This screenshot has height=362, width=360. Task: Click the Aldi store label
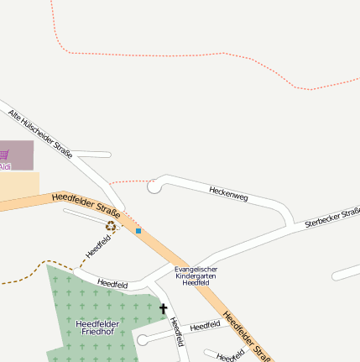pos(5,166)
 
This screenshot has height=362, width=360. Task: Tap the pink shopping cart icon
pos(4,155)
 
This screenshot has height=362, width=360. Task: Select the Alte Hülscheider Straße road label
pos(40,134)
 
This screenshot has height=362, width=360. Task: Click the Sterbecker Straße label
pos(332,218)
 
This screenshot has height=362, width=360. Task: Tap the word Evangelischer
pos(196,269)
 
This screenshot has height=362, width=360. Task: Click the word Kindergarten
pos(196,276)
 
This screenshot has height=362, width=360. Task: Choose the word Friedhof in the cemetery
pos(97,333)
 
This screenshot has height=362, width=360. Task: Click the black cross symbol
pos(164,309)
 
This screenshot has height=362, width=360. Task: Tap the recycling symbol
pos(111,225)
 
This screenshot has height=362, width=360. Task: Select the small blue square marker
pos(138,230)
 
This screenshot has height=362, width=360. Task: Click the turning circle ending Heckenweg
pos(154,186)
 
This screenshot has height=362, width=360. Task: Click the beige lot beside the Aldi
pos(18,186)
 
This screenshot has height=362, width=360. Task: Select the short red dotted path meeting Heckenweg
pos(128,181)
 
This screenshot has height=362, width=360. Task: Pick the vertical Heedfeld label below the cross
pos(176,332)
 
